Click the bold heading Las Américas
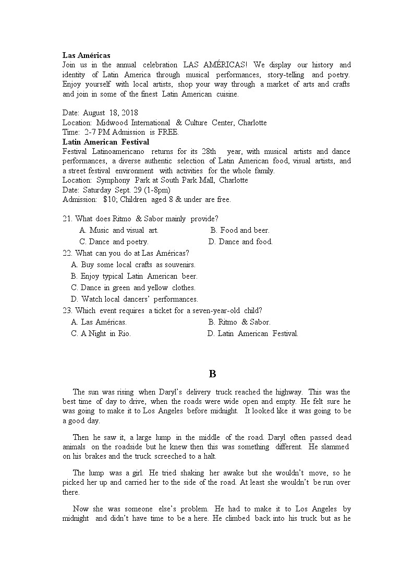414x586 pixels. pos(86,55)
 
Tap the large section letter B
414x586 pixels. pos(212,374)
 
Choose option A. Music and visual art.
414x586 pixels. pos(119,230)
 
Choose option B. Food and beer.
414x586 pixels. pos(240,230)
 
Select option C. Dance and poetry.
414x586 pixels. pos(114,242)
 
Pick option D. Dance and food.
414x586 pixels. pos(240,242)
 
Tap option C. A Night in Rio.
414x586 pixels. pos(101,333)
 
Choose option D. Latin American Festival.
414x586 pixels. pos(253,333)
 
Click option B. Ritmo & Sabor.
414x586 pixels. pos(239,322)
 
